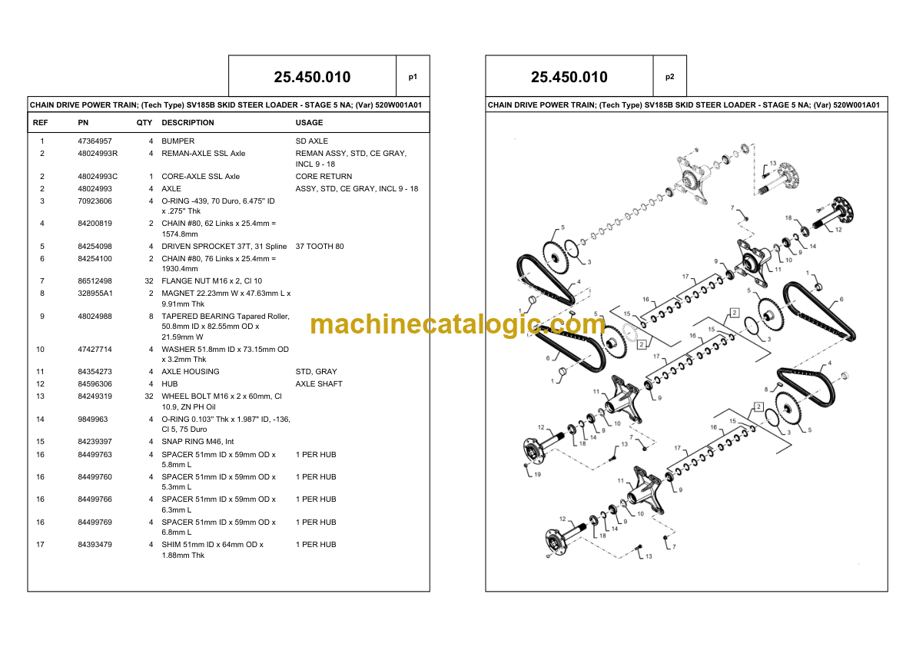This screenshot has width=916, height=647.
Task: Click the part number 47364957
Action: [x=95, y=141]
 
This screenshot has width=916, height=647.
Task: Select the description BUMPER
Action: [x=178, y=141]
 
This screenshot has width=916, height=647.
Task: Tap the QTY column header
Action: [x=144, y=123]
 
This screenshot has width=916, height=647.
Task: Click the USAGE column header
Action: [x=309, y=123]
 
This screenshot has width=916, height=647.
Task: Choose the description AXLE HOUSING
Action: [x=191, y=372]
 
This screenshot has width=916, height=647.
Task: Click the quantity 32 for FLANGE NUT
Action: [x=149, y=281]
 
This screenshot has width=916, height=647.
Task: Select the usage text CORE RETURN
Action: [x=324, y=176]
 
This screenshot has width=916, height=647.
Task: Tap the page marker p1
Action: [x=413, y=77]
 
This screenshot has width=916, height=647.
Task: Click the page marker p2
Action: [x=669, y=77]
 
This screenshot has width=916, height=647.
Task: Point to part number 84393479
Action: [x=95, y=545]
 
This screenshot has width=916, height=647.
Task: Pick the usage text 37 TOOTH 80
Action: [x=320, y=247]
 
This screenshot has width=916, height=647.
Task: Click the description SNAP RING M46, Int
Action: [x=197, y=442]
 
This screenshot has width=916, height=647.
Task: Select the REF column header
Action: [x=40, y=123]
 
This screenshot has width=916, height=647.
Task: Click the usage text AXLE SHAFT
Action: [x=319, y=384]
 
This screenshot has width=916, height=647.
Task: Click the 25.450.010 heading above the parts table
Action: [x=313, y=77]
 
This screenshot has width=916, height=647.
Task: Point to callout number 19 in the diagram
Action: [x=537, y=474]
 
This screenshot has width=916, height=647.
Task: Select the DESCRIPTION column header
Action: [x=188, y=123]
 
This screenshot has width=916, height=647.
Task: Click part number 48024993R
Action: [x=98, y=154]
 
